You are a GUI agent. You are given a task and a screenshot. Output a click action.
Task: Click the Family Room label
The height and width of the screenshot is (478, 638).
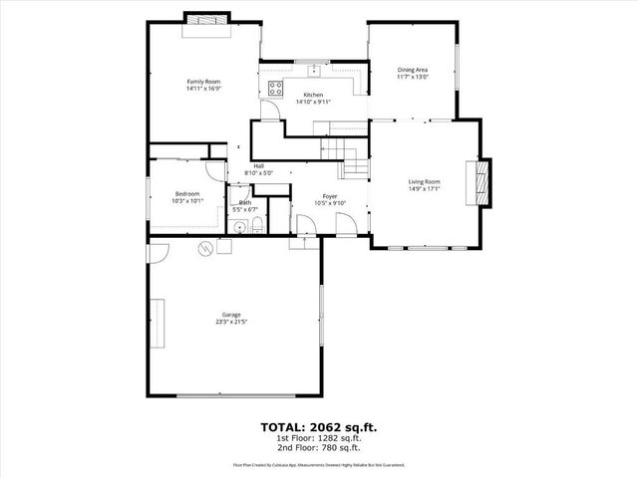tap(202, 81)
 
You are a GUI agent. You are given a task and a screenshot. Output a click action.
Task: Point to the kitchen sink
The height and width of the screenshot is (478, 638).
tap(314, 71)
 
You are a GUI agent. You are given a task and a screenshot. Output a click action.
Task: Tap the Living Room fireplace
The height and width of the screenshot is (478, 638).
tap(483, 182)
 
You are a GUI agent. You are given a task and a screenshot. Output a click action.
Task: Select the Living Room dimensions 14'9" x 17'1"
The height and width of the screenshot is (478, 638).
tap(424, 189)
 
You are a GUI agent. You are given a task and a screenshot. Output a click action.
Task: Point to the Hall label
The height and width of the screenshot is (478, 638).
tap(258, 166)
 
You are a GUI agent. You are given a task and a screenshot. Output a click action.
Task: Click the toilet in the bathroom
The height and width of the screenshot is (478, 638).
tap(257, 224)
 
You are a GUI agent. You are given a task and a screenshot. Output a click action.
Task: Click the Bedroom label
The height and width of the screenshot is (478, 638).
tap(187, 193)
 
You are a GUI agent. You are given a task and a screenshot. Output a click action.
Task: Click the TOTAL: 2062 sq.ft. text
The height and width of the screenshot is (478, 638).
tap(319, 426)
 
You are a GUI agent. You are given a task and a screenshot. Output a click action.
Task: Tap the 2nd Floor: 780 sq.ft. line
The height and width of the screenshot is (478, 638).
tap(319, 446)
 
